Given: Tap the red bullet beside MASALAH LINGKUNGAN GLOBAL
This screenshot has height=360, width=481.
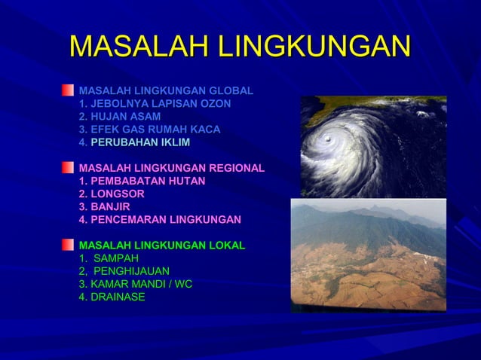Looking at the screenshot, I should pyautogui.click(x=69, y=90).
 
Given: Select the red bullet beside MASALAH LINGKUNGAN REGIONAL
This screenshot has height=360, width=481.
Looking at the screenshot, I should pyautogui.click(x=69, y=167).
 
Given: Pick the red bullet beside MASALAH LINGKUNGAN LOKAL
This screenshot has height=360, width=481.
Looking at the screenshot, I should pyautogui.click(x=69, y=245).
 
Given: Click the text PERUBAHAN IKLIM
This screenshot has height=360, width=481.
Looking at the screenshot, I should pyautogui.click(x=140, y=142).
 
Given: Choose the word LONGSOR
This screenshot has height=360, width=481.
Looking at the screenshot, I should pyautogui.click(x=117, y=194).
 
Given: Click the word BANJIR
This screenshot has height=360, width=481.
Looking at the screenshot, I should pyautogui.click(x=110, y=206).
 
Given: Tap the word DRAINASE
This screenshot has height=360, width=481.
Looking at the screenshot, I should pyautogui.click(x=118, y=297).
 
